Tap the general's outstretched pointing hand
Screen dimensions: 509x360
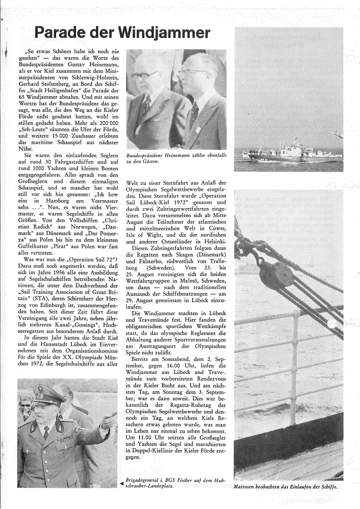point(110,420)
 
